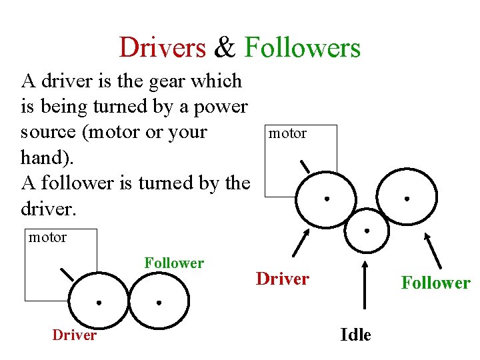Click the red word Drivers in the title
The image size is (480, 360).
(x=163, y=48)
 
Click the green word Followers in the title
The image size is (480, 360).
(x=303, y=48)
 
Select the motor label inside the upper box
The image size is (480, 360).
(x=287, y=133)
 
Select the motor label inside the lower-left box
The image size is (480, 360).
(x=47, y=237)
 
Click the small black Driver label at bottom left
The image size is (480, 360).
(x=74, y=335)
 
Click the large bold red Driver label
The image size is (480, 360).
(x=283, y=278)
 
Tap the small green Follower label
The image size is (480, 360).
(x=174, y=263)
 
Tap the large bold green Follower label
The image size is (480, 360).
(x=435, y=283)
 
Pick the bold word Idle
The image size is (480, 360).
(x=355, y=335)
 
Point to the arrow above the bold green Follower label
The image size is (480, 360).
(x=433, y=249)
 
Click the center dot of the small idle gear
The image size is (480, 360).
(x=366, y=230)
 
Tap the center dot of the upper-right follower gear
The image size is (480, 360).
(x=407, y=199)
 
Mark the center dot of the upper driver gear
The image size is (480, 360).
(x=327, y=199)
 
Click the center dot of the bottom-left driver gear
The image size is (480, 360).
(x=98, y=302)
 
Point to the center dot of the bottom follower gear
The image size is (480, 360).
(x=159, y=302)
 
